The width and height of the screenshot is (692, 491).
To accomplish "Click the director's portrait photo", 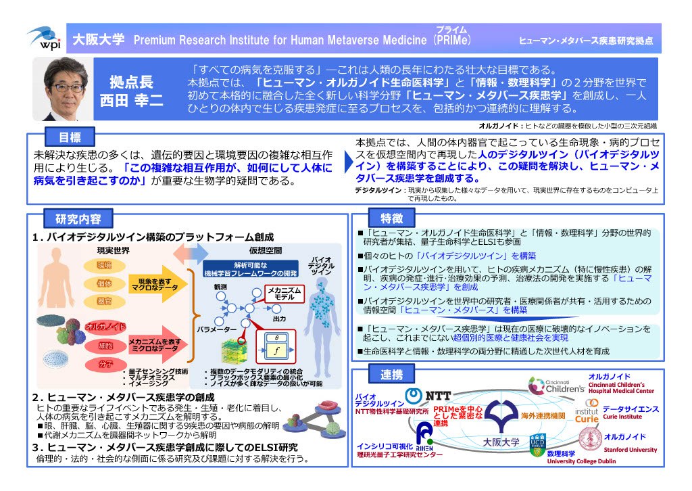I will point(65,89).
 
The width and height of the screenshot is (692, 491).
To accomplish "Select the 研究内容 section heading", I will point(74,219).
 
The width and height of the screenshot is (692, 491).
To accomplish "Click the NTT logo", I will point(428,396).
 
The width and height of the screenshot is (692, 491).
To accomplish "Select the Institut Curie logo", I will point(586,412).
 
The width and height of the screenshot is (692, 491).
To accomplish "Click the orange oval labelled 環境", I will point(103,265).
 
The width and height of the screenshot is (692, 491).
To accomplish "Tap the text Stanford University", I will point(631,450).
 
